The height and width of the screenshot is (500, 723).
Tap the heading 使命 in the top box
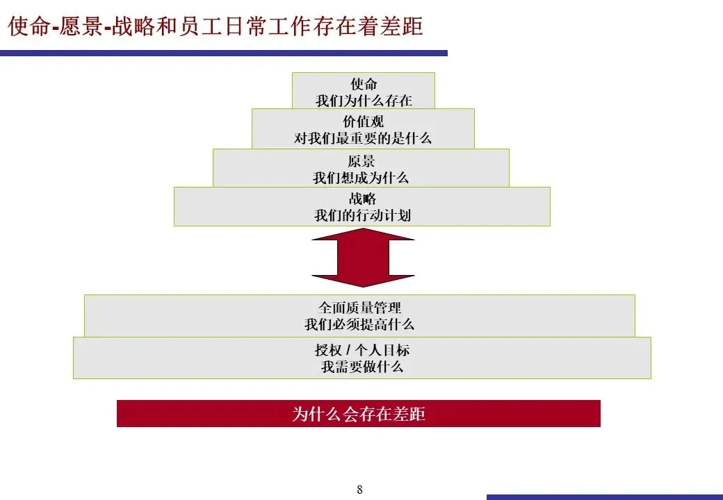(x=364, y=84)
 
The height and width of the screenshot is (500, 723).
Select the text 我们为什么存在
(x=364, y=101)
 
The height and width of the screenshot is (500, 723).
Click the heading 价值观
(x=363, y=122)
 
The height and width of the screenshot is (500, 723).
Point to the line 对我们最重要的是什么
(x=363, y=138)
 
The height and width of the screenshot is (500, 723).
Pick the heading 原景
(x=361, y=161)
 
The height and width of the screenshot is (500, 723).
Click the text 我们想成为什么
(x=361, y=178)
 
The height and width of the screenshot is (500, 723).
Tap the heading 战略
(x=362, y=199)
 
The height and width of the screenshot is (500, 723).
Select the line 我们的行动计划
(x=362, y=215)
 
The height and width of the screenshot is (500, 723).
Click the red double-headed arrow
(x=363, y=258)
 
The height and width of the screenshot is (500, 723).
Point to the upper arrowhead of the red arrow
(x=363, y=235)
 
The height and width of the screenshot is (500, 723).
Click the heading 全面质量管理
(x=359, y=307)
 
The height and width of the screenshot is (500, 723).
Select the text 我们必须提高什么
(x=359, y=324)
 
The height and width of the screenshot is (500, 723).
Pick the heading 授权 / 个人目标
(x=361, y=350)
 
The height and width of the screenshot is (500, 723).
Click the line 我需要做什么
(x=361, y=367)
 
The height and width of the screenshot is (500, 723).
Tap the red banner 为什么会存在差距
(x=358, y=414)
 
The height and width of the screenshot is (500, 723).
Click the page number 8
(x=359, y=490)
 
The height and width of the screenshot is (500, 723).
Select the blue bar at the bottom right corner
(x=604, y=497)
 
